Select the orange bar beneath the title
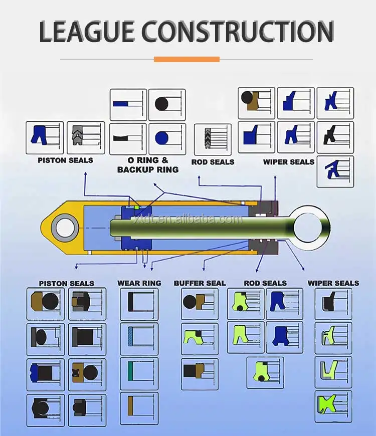pos(186,59)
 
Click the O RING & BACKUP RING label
pos(147,165)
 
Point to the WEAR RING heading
pos(139,283)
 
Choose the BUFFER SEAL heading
pos(200,283)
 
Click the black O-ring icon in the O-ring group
pos(161,104)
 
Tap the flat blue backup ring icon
pos(122,104)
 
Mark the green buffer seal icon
pos(193,338)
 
